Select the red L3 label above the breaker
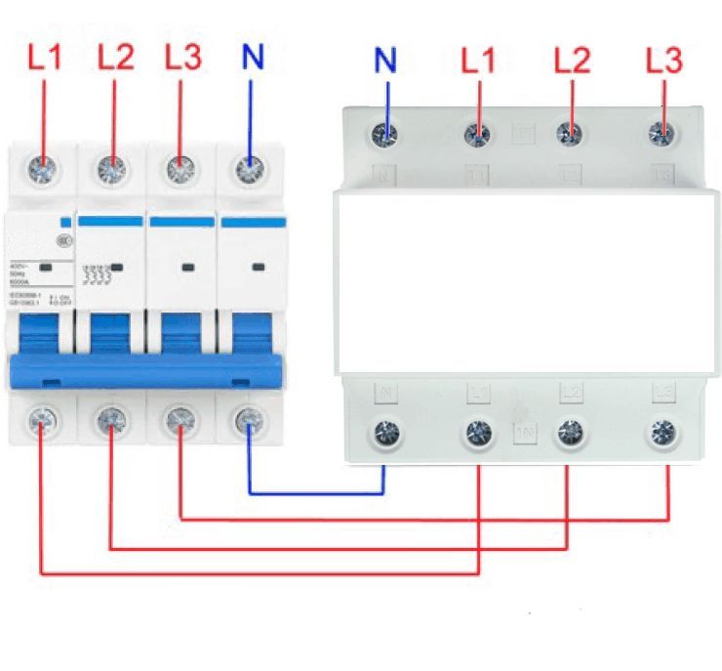click(182, 57)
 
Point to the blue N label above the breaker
click(253, 57)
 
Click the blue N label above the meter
click(386, 61)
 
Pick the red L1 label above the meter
click(478, 61)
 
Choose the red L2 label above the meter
click(573, 61)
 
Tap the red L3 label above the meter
click(663, 61)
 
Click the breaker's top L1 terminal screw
click(43, 168)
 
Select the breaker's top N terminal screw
click(251, 168)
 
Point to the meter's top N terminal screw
click(386, 133)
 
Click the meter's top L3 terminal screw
click(664, 133)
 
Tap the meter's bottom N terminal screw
click(386, 431)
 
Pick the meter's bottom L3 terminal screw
click(664, 431)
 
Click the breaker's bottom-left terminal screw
click(41, 421)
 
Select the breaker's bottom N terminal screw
click(249, 421)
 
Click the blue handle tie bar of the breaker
click(146, 371)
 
